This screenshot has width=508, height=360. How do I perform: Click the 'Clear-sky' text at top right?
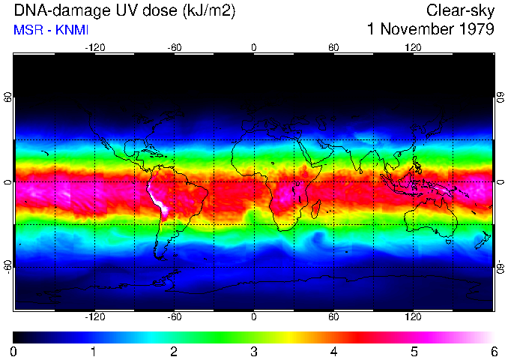(460, 10)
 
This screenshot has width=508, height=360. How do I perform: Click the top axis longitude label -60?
(175, 47)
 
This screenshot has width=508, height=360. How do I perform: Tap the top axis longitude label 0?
(253, 47)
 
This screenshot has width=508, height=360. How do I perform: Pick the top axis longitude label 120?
(413, 47)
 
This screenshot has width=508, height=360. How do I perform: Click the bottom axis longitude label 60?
(333, 316)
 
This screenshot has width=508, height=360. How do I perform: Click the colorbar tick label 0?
(13, 351)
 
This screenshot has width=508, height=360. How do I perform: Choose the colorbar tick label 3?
(253, 351)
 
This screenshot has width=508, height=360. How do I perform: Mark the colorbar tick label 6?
(493, 351)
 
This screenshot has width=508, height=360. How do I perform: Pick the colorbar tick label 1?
(94, 351)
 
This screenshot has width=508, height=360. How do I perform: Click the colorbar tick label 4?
(333, 351)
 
